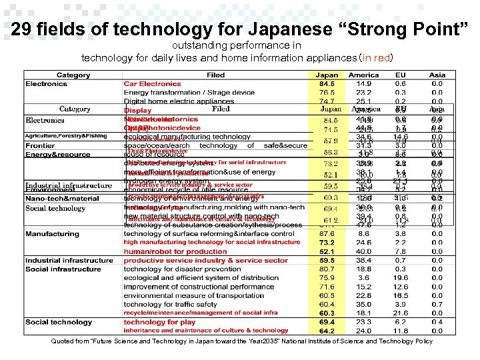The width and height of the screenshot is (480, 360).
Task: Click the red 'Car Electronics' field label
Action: tap(152, 84)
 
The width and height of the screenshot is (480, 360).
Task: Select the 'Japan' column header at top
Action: tap(327, 75)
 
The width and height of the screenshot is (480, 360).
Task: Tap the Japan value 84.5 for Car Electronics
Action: tap(327, 84)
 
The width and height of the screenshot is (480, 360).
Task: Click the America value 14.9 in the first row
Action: tap(363, 84)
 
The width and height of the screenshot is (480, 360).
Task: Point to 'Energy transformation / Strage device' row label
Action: tap(189, 93)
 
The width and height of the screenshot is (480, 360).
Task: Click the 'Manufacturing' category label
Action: tap(52, 234)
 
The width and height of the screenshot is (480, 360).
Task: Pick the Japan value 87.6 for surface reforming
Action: tap(327, 234)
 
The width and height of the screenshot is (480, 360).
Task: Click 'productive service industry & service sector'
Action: tap(206, 261)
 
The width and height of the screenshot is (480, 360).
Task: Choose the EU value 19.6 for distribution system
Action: tap(400, 278)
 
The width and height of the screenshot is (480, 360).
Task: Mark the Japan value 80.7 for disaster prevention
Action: tap(327, 269)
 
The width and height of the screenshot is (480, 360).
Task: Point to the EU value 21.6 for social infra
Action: tap(400, 313)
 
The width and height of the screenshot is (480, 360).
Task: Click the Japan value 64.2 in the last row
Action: tap(327, 331)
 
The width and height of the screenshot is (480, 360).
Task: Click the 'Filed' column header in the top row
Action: tap(215, 75)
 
